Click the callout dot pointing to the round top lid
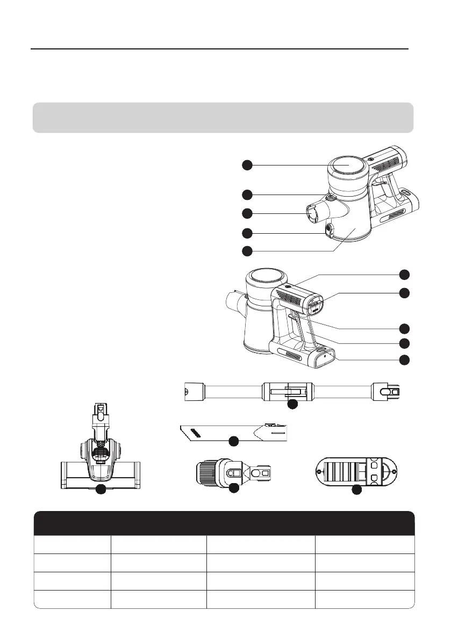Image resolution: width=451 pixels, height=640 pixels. click(247, 166)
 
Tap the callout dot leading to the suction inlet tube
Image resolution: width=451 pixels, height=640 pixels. click(247, 213)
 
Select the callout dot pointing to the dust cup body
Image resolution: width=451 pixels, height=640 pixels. click(247, 251)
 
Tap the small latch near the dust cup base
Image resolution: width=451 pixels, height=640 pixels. click(329, 231)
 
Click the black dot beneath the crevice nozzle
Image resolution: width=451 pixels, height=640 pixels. click(233, 441)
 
